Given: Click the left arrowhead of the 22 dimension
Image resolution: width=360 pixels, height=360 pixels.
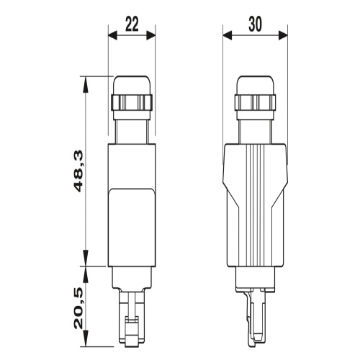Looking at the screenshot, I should (x=110, y=34).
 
